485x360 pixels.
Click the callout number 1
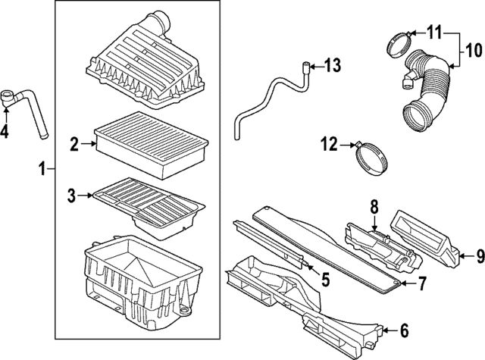[x=43, y=167]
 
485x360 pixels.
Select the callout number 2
[x=74, y=143]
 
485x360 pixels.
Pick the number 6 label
[x=403, y=330]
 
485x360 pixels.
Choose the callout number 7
[x=423, y=283]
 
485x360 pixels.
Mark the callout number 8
[x=374, y=206]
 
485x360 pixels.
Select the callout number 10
[x=473, y=51]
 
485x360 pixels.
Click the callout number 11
[x=433, y=33]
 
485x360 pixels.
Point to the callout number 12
[x=327, y=142]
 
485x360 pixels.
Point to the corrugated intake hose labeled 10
[x=424, y=91]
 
